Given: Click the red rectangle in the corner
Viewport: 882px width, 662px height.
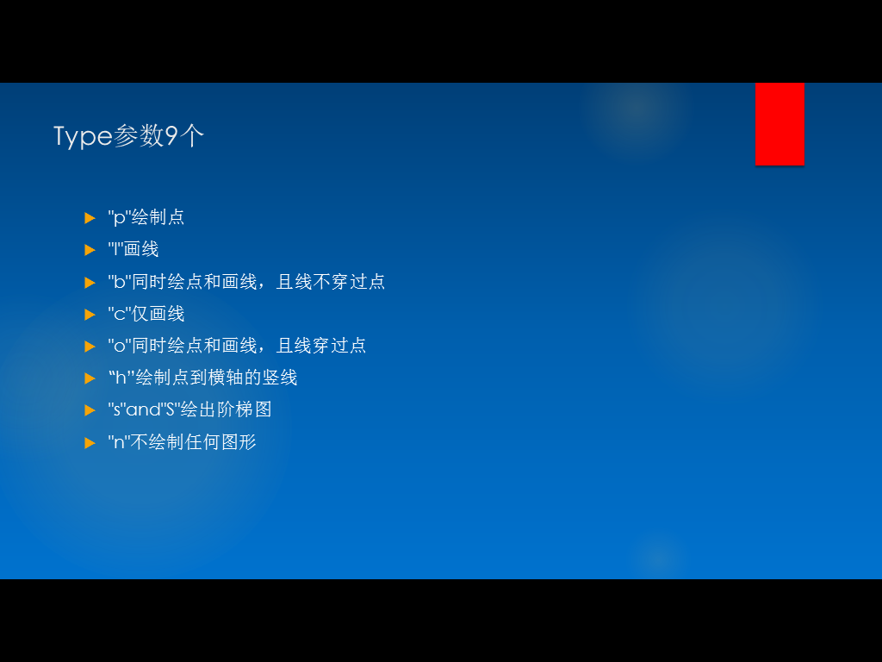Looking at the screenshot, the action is (x=780, y=124).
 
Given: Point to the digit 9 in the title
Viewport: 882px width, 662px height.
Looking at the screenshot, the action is (x=171, y=135).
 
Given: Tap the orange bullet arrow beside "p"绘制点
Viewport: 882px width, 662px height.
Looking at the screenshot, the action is (x=90, y=218).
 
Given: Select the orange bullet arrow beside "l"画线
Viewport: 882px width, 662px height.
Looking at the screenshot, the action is (x=90, y=250).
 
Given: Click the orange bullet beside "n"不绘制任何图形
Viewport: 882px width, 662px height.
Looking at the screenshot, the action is (x=90, y=443).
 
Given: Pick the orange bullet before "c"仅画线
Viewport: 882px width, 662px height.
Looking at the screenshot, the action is (x=90, y=314).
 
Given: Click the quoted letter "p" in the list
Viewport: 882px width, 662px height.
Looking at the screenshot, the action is (x=119, y=217).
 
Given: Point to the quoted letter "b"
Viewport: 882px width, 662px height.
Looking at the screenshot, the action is (x=119, y=281).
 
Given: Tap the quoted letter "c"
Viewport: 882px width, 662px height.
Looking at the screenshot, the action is (x=119, y=314).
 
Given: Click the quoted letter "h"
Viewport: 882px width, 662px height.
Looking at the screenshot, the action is (x=121, y=377).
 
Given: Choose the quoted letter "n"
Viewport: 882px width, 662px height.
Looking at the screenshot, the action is (x=119, y=442).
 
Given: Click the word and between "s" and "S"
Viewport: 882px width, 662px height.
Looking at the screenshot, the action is (x=144, y=409).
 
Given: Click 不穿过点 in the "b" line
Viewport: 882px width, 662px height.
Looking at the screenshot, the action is (x=349, y=282).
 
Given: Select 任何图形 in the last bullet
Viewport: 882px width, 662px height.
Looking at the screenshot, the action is (x=220, y=442).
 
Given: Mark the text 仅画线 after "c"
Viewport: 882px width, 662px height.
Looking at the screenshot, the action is (x=158, y=314).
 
